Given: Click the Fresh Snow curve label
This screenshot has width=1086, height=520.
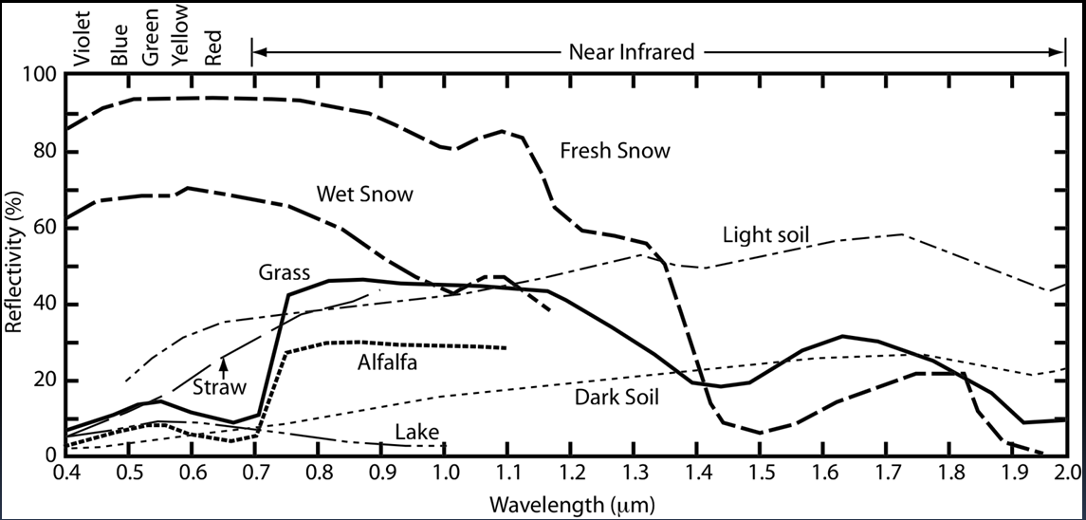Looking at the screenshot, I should coord(615,151).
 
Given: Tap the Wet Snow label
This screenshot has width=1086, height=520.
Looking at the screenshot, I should coord(365,195).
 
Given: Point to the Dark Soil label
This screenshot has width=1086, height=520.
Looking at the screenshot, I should coord(617,398).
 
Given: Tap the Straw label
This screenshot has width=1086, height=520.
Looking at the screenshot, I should coord(220,387).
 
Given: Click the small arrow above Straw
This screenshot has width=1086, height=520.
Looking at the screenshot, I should coord(224,365).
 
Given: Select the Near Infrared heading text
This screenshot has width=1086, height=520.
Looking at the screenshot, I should coord(632,51).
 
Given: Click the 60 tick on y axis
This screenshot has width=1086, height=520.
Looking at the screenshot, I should coord(46,228).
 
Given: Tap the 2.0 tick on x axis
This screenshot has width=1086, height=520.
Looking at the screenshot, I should coord(1066,472).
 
